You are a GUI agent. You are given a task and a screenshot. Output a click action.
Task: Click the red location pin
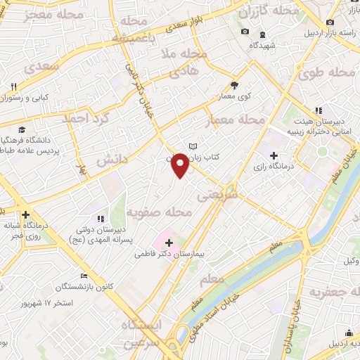[181, 166]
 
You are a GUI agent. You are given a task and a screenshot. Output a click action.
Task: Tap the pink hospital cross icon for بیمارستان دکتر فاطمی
[169, 243]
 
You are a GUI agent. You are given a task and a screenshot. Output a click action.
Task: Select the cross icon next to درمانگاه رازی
[274, 155]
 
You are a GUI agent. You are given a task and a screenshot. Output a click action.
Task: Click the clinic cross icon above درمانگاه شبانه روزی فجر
[26, 214]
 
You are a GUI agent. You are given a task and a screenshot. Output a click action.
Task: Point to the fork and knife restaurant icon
[13, 87]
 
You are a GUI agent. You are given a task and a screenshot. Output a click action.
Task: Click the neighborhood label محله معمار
[235, 121]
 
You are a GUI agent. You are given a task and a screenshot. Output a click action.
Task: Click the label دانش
[109, 161]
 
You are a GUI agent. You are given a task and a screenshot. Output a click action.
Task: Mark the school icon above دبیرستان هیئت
[318, 110]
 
